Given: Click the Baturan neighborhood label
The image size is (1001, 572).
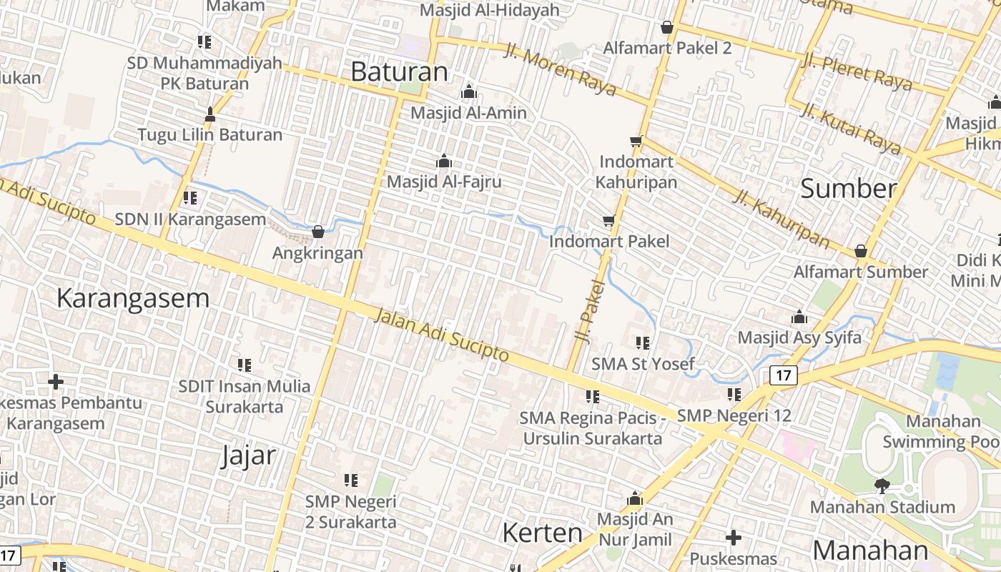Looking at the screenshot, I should tap(399, 71).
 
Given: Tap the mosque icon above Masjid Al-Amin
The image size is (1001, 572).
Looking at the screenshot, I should tap(469, 92).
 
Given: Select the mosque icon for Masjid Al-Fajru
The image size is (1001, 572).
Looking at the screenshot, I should tap(444, 161).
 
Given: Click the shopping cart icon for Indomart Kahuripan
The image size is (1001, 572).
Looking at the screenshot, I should tap(636, 141).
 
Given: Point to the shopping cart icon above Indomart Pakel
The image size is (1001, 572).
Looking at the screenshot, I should tap(608, 221).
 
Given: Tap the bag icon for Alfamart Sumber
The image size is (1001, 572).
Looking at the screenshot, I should tap(861, 251).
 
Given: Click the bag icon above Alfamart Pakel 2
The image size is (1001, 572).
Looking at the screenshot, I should tap(667, 27).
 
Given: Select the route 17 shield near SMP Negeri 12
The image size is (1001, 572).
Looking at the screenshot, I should tap(784, 375).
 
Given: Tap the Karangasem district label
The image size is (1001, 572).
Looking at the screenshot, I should tap(133, 298).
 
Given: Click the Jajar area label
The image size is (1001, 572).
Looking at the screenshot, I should tap(248, 455).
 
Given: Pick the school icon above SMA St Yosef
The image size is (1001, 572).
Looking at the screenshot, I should tap(642, 343).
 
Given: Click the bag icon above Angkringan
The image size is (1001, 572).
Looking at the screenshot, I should tap(318, 232).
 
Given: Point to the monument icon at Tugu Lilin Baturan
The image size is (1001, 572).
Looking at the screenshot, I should tap(209, 114).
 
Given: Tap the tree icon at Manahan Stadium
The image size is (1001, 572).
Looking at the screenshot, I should tap(882, 486).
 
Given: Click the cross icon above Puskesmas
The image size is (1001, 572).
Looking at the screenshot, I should tap(734, 538).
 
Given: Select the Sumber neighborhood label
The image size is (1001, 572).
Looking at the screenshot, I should tap(848, 189).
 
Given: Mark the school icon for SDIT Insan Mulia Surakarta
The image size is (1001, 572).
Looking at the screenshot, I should tap(245, 365).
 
